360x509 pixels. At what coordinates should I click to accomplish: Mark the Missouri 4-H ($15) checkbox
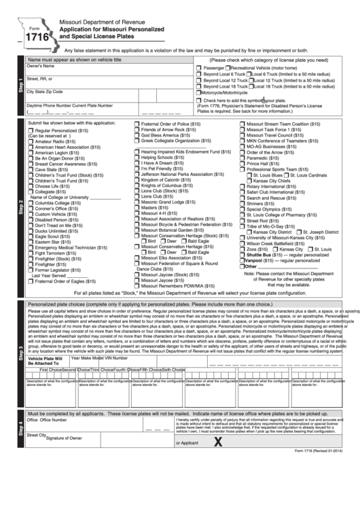point(138,213)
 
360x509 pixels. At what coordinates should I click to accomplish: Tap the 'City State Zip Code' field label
point(45,91)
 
